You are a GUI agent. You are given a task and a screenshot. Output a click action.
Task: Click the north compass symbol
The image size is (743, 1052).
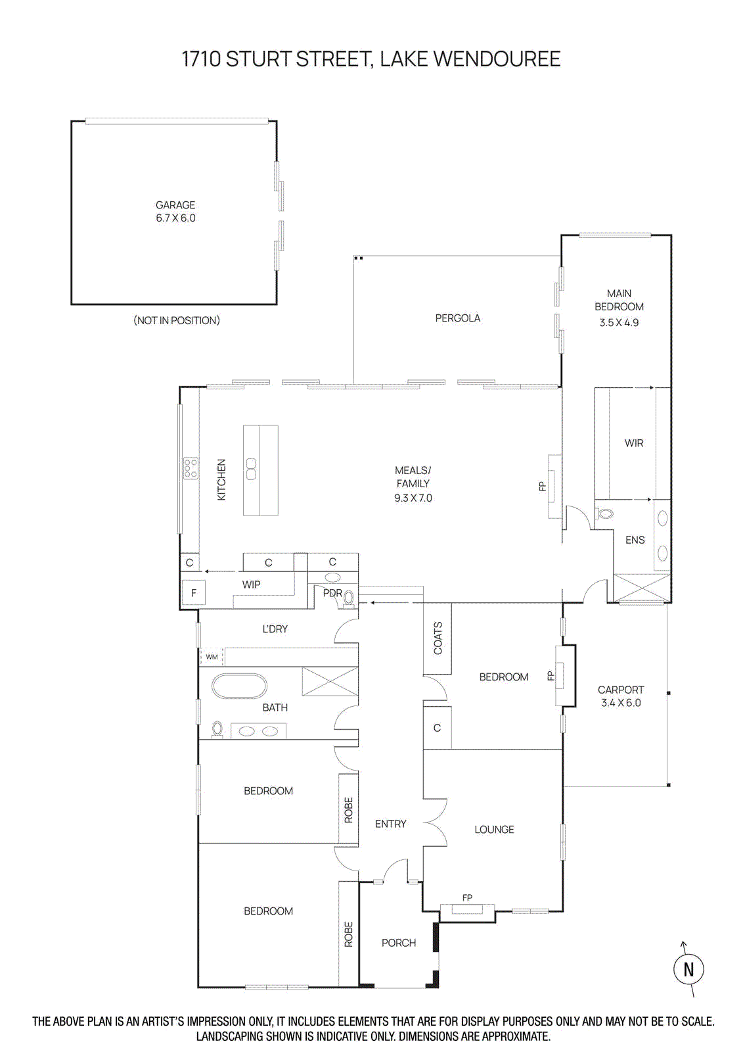(688, 968)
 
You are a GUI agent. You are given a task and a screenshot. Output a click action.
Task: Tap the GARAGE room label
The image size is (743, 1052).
(175, 205)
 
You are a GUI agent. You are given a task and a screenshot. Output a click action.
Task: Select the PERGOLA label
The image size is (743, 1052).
(457, 318)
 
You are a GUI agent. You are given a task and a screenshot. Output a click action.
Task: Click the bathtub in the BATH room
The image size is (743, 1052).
(239, 686)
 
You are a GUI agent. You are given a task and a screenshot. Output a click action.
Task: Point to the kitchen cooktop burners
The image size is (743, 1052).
(191, 468)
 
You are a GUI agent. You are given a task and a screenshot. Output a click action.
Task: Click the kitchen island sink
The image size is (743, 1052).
(251, 469)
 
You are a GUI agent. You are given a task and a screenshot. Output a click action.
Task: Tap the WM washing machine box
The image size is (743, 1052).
(212, 657)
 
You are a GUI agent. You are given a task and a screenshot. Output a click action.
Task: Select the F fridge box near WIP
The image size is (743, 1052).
(194, 593)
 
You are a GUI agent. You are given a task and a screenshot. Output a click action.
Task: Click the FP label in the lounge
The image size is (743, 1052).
(467, 897)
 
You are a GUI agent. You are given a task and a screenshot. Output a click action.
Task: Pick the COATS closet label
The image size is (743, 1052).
(438, 638)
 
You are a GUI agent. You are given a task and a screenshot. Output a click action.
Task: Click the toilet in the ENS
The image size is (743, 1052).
(606, 514)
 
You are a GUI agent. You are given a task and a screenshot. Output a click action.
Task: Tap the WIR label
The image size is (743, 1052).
(634, 443)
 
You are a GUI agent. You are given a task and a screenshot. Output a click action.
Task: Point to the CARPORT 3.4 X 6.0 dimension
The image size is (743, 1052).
(621, 703)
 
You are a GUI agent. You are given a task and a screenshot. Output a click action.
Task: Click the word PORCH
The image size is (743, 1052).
(399, 943)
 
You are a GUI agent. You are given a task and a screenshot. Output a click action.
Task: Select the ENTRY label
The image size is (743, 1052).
(390, 824)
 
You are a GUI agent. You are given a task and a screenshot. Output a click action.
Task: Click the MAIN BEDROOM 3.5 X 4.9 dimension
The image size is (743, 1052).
(619, 323)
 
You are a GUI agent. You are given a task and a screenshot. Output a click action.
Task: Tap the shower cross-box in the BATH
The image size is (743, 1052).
(330, 681)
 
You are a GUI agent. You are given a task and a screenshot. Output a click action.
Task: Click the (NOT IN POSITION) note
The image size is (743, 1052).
(177, 320)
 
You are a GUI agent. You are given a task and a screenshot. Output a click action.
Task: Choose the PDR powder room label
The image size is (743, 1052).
(332, 593)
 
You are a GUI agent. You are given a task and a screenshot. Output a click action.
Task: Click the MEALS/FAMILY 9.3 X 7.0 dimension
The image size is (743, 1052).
(413, 498)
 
